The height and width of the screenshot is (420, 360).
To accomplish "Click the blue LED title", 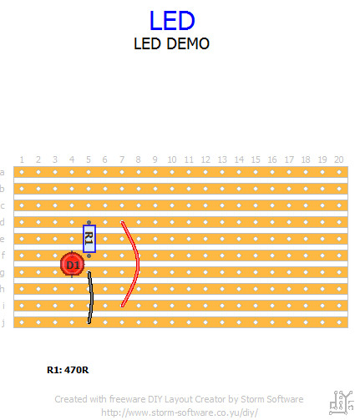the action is tap(172, 20).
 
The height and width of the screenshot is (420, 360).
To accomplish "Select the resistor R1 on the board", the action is tap(89, 239).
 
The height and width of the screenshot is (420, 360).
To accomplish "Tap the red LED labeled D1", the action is tap(73, 265).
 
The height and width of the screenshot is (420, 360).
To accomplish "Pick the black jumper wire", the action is tap(91, 298).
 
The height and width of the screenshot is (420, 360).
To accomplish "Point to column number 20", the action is tap(339, 159).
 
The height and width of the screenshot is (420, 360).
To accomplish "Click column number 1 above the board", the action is tap(22, 159).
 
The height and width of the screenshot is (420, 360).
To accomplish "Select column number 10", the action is tap(172, 159).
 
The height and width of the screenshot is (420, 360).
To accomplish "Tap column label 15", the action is tap(256, 159).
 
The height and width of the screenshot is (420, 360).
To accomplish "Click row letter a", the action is tap(3, 173).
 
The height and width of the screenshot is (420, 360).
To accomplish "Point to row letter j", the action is tap(3, 323).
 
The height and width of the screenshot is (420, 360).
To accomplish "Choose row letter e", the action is tap(3, 240).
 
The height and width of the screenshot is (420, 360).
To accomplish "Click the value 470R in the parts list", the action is tap(77, 370).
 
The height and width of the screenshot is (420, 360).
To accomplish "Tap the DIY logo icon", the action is tap(342, 402).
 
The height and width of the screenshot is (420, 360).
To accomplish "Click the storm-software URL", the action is tap(180, 412).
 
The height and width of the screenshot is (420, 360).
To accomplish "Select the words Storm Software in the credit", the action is tap(272, 399).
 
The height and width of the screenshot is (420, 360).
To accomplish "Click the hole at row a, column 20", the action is tap(339, 172).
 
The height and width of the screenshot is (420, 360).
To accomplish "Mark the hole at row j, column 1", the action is tap(22, 322).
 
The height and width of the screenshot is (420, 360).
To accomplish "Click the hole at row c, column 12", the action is tap(205, 205).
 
